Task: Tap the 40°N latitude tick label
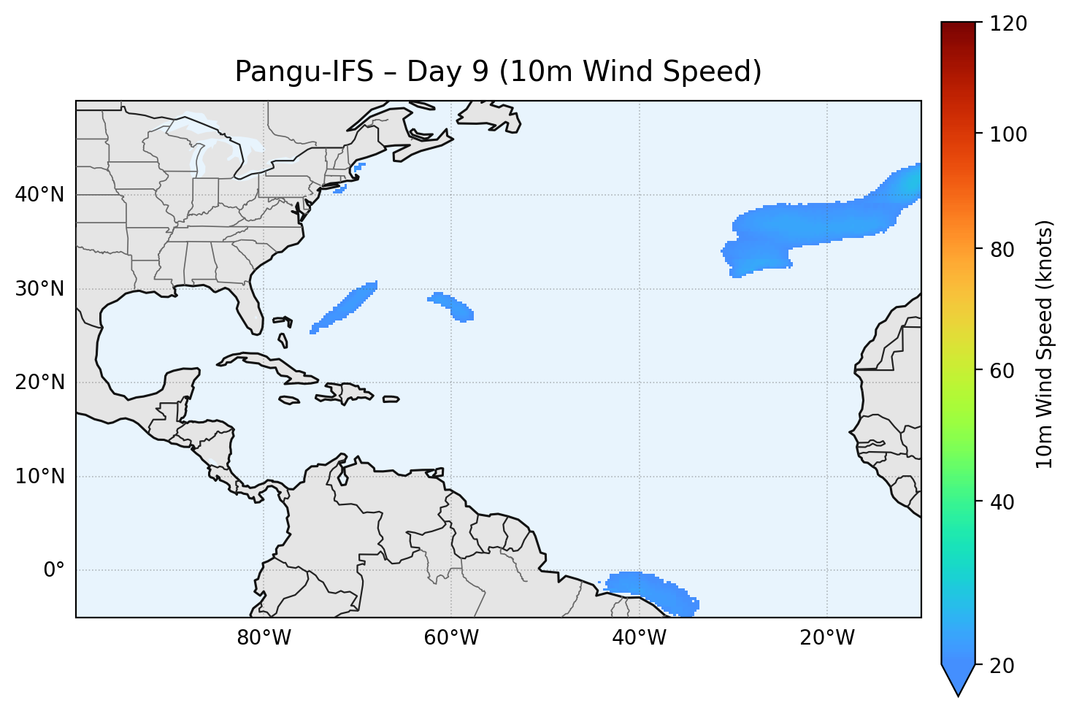click(x=40, y=195)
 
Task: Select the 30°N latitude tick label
click(x=40, y=289)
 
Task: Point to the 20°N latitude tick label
click(x=40, y=383)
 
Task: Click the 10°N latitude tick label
click(x=40, y=477)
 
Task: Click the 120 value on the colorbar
click(x=1009, y=24)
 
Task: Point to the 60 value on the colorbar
click(x=1004, y=371)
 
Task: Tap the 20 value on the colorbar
click(x=1004, y=666)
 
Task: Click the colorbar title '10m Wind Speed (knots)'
click(x=1045, y=344)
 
